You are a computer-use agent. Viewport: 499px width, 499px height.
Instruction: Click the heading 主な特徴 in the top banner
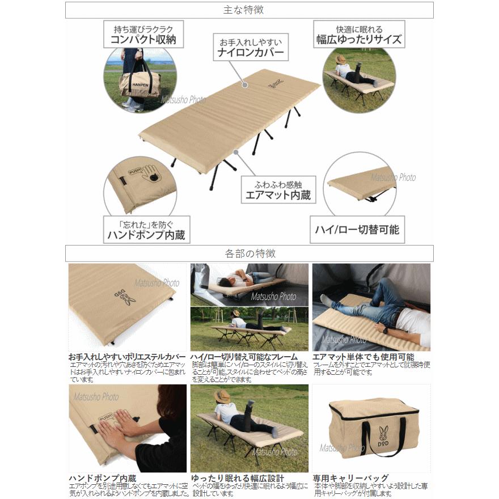pyautogui.click(x=249, y=10)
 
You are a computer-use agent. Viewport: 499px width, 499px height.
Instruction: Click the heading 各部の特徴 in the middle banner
pyautogui.click(x=249, y=253)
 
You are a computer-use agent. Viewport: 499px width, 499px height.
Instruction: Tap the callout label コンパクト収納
pyautogui.click(x=139, y=40)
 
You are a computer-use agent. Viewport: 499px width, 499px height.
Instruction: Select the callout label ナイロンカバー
pyautogui.click(x=250, y=54)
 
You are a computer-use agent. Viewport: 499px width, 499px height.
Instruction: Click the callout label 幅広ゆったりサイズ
pyautogui.click(x=358, y=40)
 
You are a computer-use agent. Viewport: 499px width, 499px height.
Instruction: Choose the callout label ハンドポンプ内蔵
pyautogui.click(x=146, y=234)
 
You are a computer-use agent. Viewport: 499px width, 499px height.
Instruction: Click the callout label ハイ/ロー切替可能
pyautogui.click(x=357, y=230)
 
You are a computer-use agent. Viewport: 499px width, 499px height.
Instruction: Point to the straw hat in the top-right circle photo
pyautogui.click(x=341, y=59)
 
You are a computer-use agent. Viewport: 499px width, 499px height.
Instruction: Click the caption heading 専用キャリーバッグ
pyautogui.click(x=350, y=478)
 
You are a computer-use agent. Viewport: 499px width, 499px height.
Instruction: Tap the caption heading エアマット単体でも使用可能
pyautogui.click(x=363, y=357)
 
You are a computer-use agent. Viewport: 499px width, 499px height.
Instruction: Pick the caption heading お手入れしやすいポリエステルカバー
pyautogui.click(x=126, y=357)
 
